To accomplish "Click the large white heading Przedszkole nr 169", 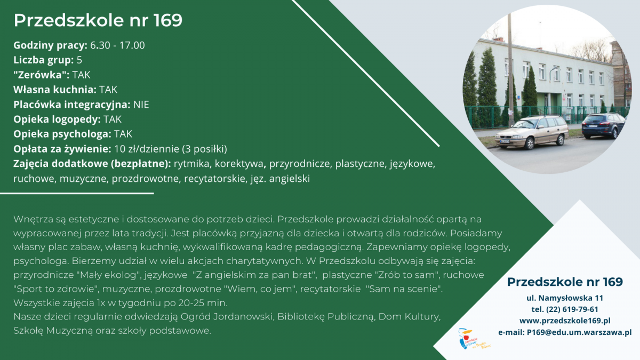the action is point(98,20).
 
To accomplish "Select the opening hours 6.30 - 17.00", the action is point(117,45).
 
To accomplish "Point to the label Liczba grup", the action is point(43,60).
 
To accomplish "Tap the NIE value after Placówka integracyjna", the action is point(141,105).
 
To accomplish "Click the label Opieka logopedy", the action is point(57,119).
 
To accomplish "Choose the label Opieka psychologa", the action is point(62,134).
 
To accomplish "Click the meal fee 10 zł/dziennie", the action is point(147,149).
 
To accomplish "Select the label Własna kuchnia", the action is point(55,90).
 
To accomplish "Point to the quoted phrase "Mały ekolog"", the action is point(109,275).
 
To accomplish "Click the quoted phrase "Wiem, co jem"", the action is point(260,289).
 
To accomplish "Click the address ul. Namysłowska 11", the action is point(565,298).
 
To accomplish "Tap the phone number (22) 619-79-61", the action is point(572,309).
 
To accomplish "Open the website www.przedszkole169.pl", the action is point(565,321).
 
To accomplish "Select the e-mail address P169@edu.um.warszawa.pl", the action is point(579,332).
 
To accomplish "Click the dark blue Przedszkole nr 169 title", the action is point(565,282).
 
